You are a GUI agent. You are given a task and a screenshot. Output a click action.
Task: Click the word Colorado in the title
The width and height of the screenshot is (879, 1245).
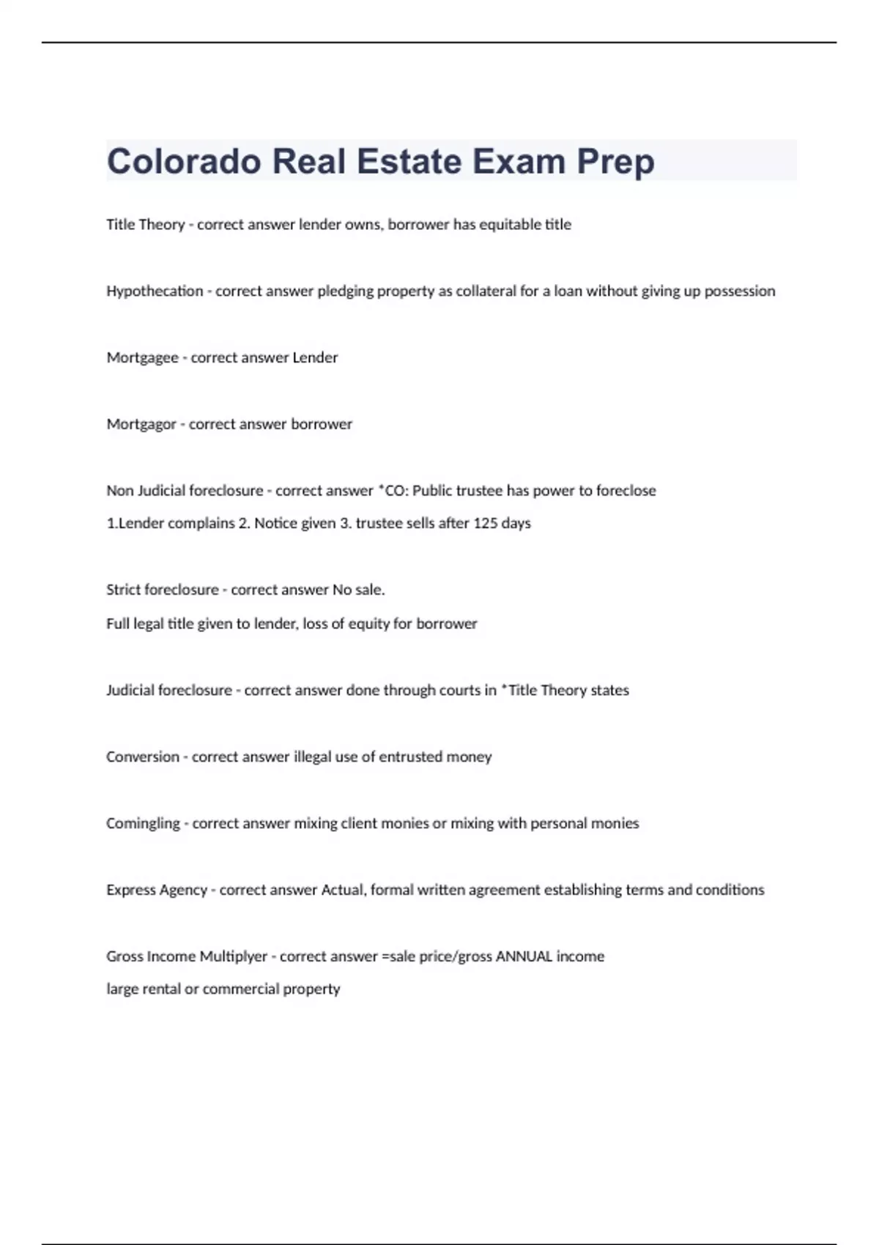tap(183, 161)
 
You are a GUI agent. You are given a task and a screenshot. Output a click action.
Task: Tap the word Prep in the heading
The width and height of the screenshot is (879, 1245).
tap(615, 161)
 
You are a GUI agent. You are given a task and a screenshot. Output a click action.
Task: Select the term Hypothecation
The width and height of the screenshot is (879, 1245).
tap(155, 291)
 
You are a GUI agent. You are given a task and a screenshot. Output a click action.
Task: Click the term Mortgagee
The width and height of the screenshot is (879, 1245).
tap(142, 357)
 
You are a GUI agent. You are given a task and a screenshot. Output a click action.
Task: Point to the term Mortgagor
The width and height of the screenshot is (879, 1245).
tap(141, 424)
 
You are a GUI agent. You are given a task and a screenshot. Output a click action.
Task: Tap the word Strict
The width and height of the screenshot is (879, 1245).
tap(122, 590)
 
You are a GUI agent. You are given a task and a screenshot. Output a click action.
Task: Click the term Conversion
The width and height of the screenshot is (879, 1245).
tap(142, 757)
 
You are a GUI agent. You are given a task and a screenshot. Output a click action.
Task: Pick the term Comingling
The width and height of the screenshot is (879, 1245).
tap(143, 823)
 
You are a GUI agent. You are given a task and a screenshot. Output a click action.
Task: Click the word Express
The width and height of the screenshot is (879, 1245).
tap(130, 890)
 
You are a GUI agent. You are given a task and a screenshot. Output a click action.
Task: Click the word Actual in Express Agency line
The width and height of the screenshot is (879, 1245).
tap(343, 890)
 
